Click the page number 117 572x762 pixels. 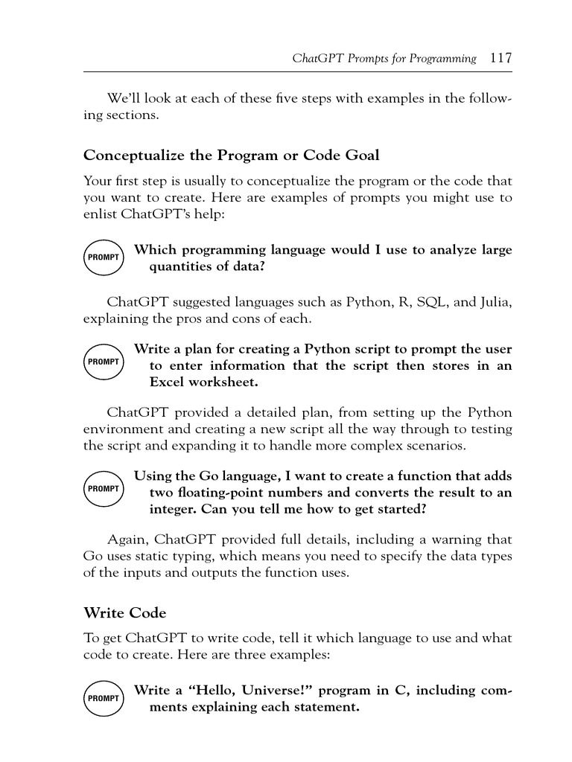[x=500, y=58]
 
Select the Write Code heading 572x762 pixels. [x=124, y=613]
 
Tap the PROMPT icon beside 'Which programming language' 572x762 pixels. [x=104, y=257]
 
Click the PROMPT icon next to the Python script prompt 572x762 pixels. [x=104, y=362]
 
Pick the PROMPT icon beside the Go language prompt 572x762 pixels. [x=104, y=489]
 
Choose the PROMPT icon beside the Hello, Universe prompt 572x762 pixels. [x=104, y=699]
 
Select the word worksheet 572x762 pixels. [x=224, y=382]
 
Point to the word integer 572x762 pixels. [x=176, y=509]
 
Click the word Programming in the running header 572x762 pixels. [x=439, y=59]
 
